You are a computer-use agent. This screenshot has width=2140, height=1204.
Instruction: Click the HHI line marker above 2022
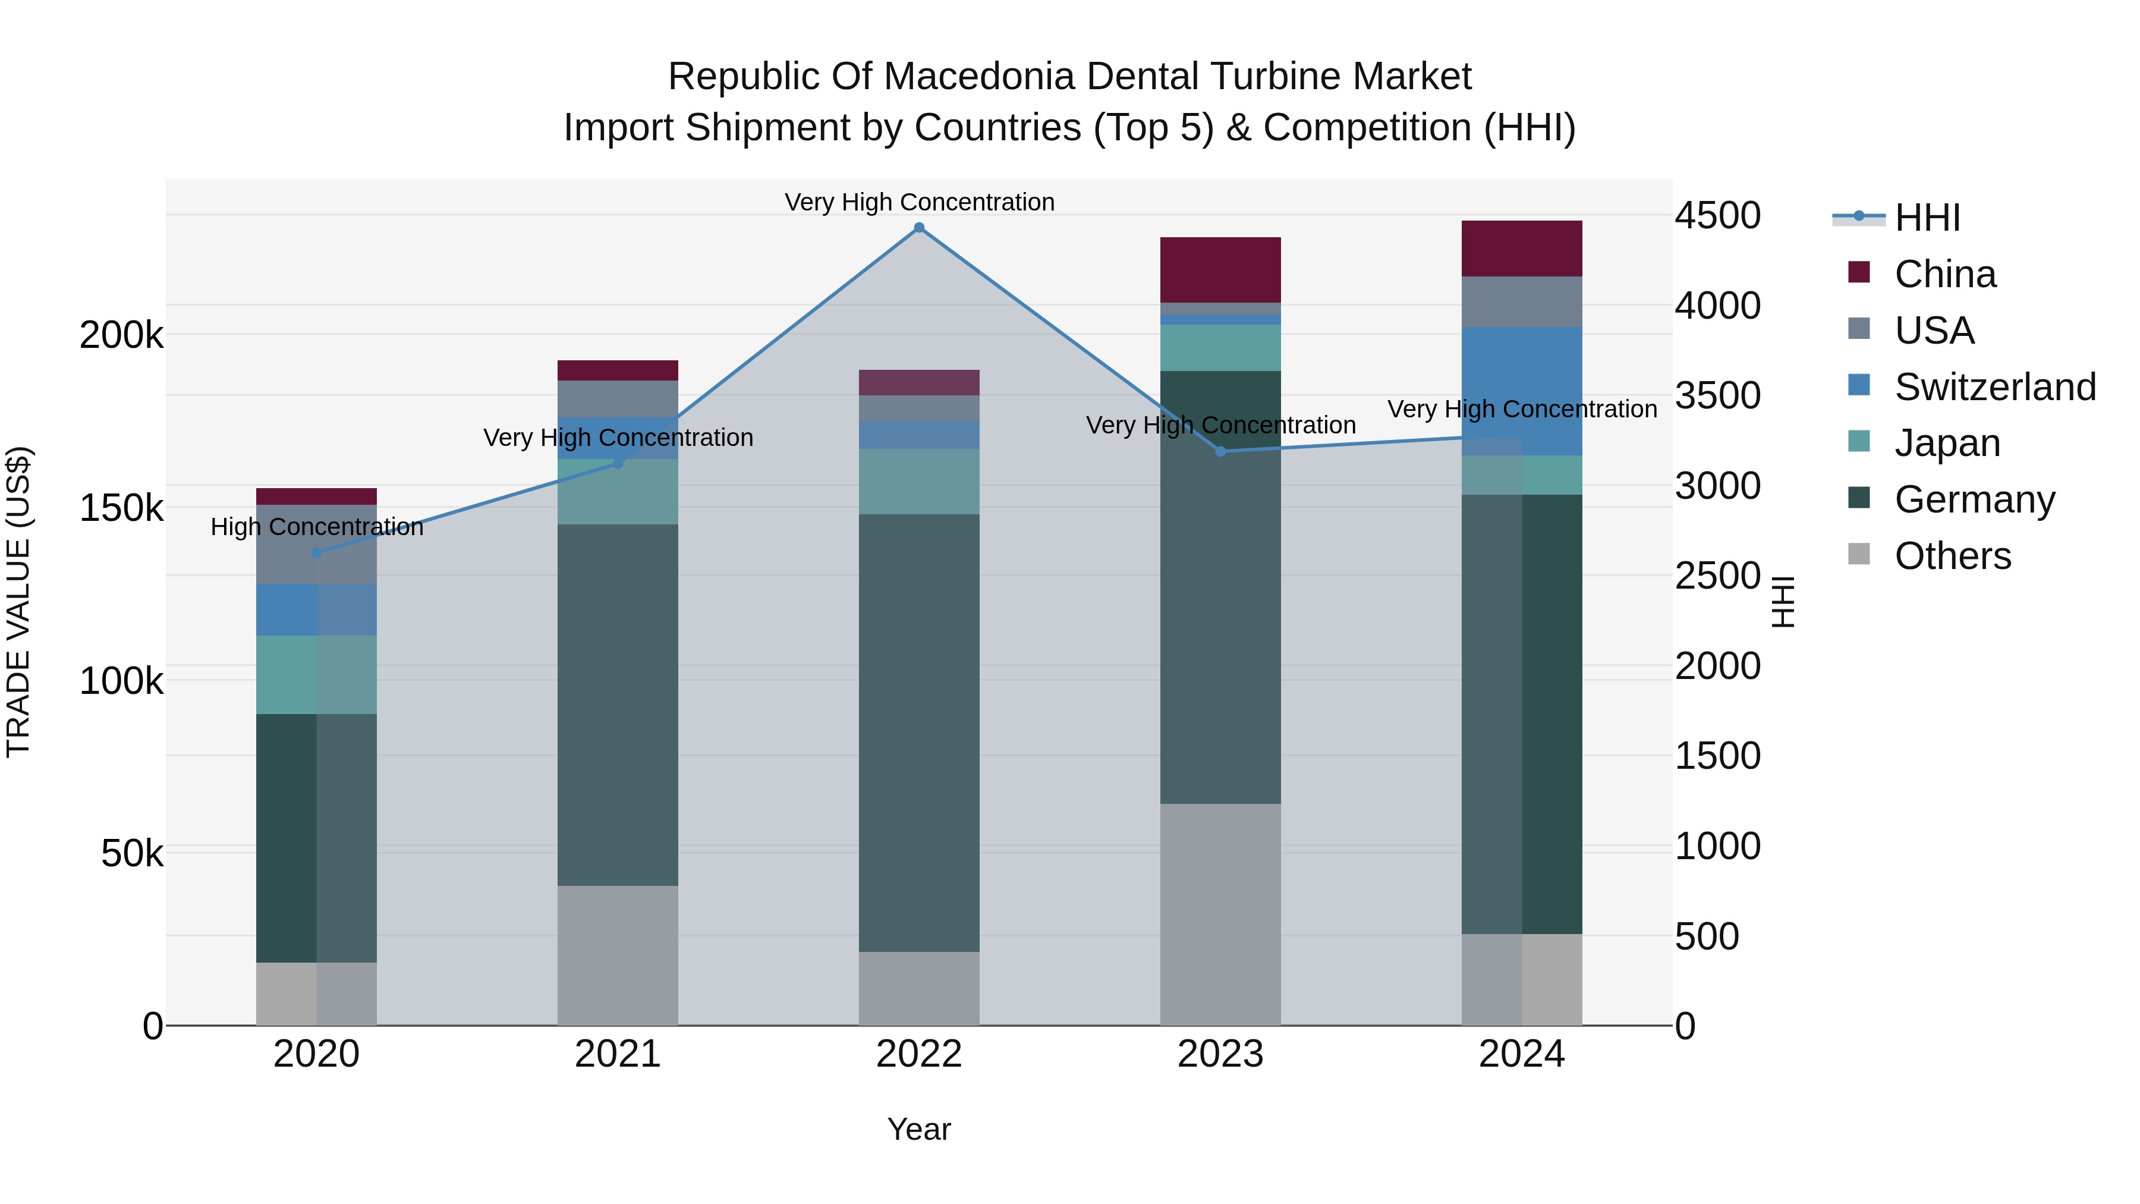click(919, 228)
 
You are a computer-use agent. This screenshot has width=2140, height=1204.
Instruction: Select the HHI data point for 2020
click(316, 552)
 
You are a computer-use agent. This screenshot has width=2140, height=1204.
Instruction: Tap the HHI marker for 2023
click(1220, 451)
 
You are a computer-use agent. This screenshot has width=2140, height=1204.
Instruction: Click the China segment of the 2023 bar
click(1220, 270)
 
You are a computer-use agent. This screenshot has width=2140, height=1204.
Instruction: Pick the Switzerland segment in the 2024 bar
click(1522, 391)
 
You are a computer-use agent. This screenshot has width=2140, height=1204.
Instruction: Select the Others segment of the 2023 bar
click(1220, 914)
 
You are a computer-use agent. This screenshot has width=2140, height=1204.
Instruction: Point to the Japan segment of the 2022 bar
click(919, 482)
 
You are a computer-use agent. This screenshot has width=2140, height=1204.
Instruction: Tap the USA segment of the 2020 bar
click(316, 544)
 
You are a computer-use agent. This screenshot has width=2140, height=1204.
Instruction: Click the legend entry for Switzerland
click(1994, 387)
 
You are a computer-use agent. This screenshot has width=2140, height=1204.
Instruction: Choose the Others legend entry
click(1952, 556)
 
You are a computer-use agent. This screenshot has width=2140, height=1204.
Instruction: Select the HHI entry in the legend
click(1927, 218)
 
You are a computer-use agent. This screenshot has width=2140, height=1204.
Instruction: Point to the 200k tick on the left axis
click(121, 336)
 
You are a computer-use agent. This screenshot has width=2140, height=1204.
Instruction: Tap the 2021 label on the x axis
click(617, 1054)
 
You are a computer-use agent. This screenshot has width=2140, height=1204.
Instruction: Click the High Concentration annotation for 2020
click(316, 527)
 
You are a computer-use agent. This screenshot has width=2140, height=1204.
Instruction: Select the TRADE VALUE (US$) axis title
click(18, 602)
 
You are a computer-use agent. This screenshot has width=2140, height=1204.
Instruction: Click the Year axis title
click(919, 1129)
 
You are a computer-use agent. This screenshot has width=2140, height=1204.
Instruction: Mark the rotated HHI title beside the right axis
click(1783, 602)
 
